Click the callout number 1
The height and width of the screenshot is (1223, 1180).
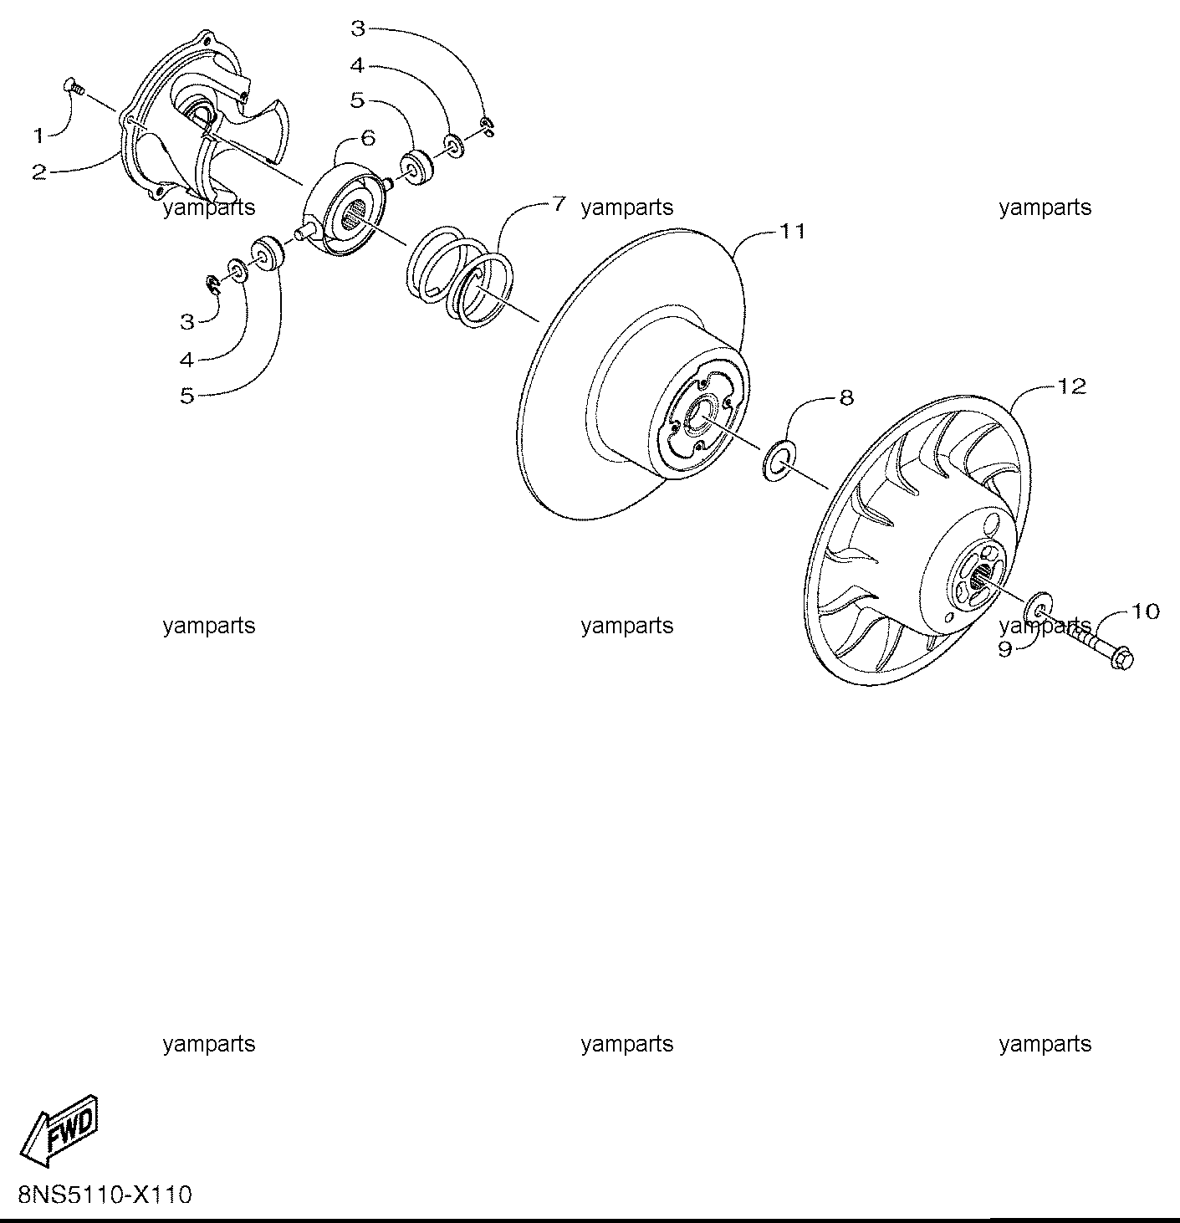(39, 136)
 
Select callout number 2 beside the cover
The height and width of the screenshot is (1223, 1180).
(39, 172)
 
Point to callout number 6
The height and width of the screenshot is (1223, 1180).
(368, 138)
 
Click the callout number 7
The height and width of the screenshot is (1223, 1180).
(559, 203)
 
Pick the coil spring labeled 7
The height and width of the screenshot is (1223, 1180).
(458, 277)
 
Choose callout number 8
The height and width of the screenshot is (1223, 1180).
(846, 397)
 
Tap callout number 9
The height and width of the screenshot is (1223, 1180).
(1005, 649)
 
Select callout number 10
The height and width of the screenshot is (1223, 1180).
(1146, 611)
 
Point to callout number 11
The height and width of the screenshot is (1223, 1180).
(792, 231)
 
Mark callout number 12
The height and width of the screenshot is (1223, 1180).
(1072, 386)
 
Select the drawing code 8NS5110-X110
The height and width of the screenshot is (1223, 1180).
(105, 1194)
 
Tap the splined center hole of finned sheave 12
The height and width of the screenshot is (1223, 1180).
(982, 577)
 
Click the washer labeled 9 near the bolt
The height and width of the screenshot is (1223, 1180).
(1037, 607)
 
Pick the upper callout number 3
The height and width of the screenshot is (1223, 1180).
(358, 28)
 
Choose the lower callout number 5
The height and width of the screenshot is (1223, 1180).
(187, 396)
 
